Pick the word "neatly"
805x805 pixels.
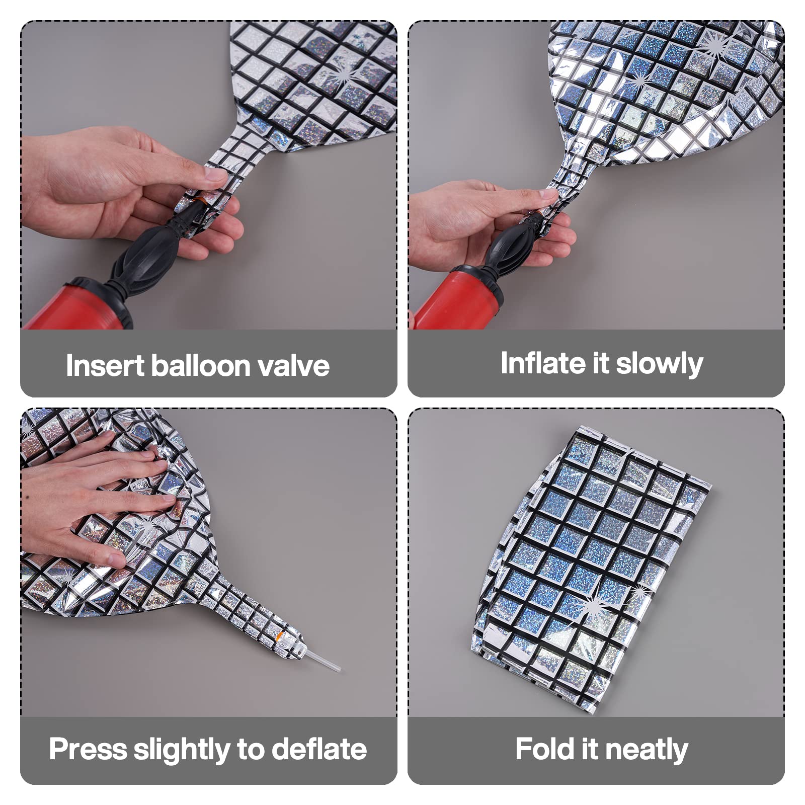647,750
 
